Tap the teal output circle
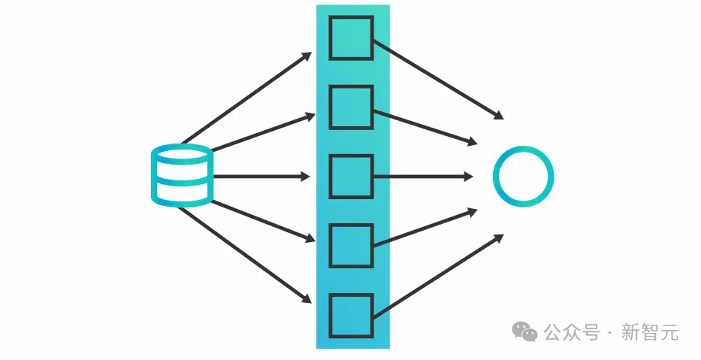(x=523, y=177)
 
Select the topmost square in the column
(x=351, y=38)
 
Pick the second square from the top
(x=351, y=107)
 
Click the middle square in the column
(x=351, y=177)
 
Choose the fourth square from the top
(x=351, y=246)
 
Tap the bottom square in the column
(x=351, y=316)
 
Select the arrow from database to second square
(x=263, y=132)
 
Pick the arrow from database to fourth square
(x=263, y=220)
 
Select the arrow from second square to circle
(x=425, y=127)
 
